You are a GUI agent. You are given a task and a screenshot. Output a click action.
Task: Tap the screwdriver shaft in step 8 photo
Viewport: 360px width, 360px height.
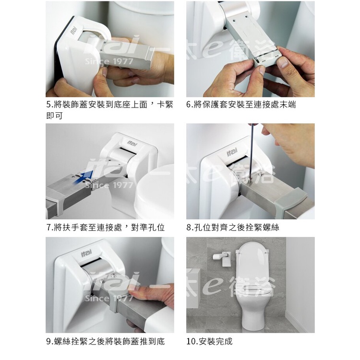(x=252, y=152)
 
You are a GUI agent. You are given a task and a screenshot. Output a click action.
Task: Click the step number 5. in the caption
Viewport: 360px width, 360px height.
(x=49, y=105)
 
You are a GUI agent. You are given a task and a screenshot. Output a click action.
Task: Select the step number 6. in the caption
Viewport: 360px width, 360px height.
(x=190, y=105)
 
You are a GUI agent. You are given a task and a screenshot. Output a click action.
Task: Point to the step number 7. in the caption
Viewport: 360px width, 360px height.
(x=49, y=228)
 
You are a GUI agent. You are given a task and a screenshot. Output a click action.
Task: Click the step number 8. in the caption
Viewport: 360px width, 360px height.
(x=190, y=228)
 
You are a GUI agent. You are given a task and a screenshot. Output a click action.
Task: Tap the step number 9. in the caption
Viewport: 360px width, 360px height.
(x=49, y=341)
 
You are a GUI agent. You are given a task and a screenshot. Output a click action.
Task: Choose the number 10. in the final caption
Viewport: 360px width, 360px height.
(x=192, y=341)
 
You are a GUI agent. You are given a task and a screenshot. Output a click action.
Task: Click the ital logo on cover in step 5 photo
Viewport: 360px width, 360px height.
(x=74, y=31)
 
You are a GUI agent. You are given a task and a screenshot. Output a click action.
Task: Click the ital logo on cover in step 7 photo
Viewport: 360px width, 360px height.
(x=132, y=144)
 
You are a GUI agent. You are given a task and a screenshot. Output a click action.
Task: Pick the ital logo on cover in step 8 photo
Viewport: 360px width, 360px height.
(x=231, y=152)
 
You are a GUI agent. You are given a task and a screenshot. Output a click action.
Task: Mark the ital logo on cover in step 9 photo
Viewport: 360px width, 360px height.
(x=86, y=253)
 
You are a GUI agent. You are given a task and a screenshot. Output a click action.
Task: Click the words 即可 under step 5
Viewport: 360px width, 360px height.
(x=54, y=116)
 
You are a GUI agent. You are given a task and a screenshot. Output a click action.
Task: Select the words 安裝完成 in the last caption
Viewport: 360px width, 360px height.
(x=216, y=341)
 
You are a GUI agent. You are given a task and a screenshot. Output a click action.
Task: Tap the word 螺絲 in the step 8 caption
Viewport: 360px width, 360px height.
(x=271, y=228)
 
